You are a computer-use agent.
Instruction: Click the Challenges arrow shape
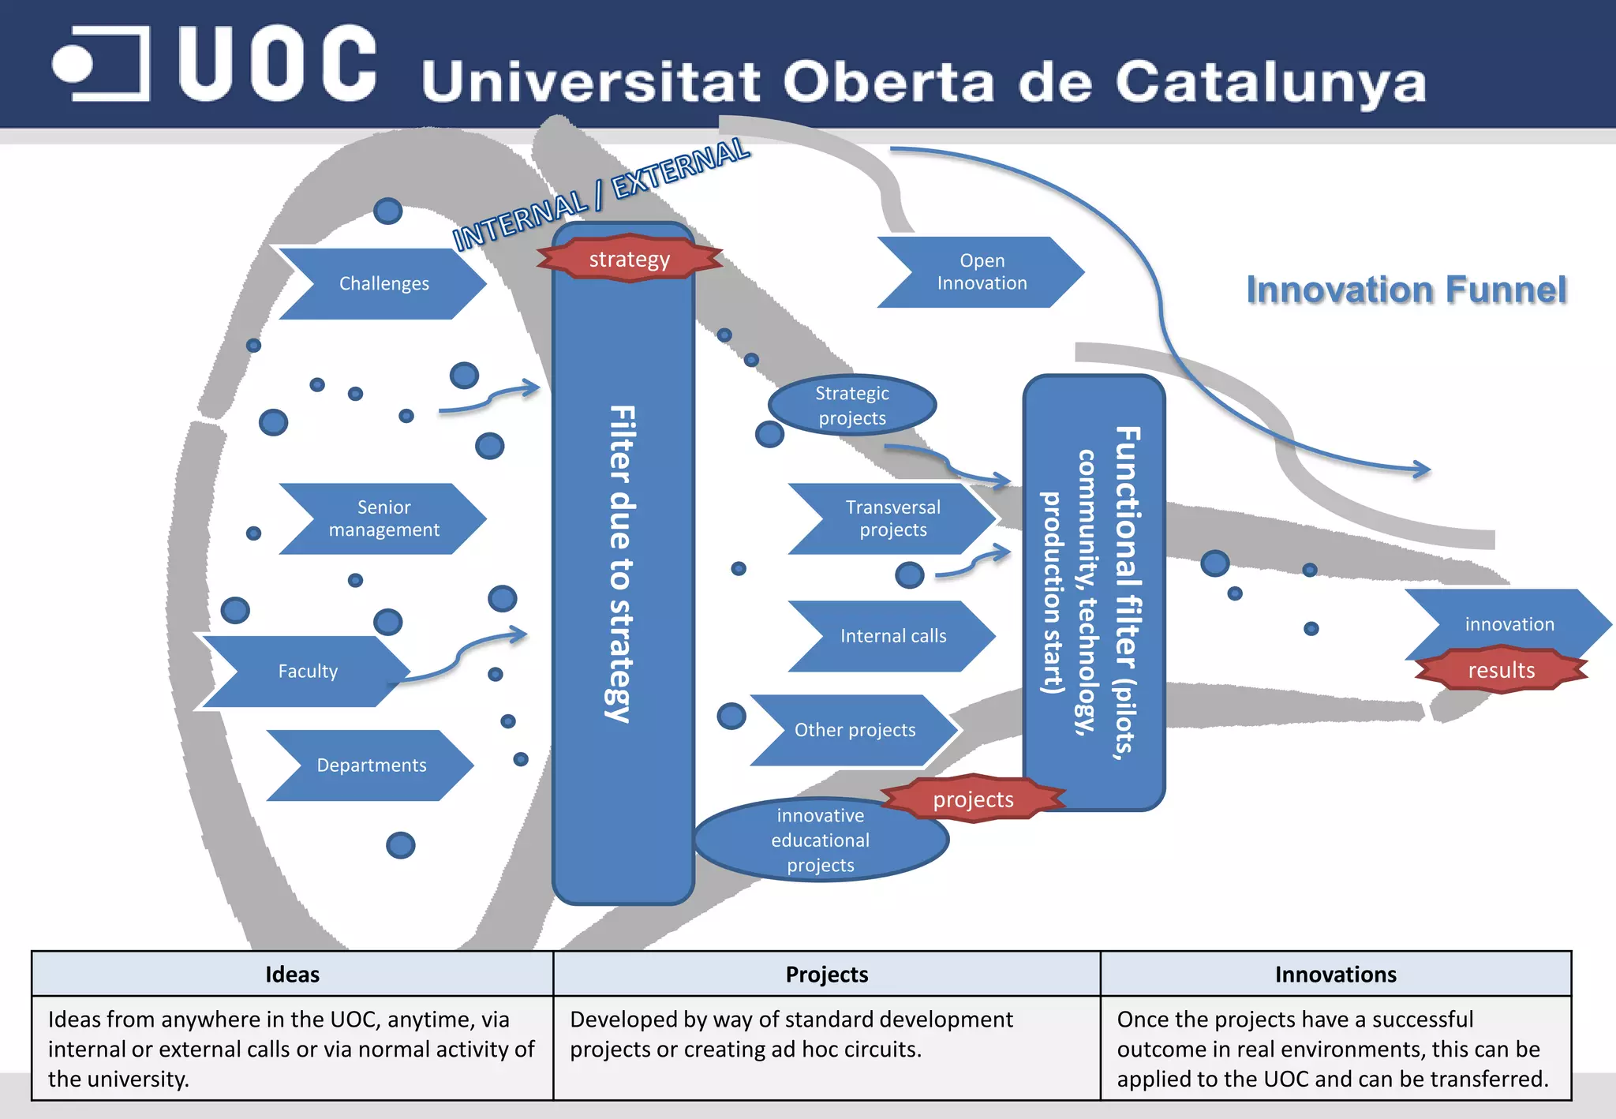[383, 283]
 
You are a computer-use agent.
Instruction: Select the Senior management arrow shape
[383, 518]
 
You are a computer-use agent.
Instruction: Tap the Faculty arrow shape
[308, 671]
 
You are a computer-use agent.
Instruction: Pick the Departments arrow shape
[371, 765]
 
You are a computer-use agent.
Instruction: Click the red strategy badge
[629, 259]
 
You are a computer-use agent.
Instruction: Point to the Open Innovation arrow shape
[982, 271]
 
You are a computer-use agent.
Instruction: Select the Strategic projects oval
[852, 405]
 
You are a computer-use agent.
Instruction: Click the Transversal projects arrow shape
[892, 518]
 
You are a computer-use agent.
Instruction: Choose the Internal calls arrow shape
[892, 636]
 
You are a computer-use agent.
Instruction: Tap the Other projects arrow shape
[855, 730]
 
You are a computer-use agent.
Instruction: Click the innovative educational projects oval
[821, 840]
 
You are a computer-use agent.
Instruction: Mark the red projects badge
[973, 799]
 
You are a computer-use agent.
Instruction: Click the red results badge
[1501, 670]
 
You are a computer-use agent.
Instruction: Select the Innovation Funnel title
[1406, 290]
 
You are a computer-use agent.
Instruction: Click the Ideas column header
[292, 975]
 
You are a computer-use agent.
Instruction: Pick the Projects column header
[827, 975]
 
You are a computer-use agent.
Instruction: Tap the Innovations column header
[1336, 975]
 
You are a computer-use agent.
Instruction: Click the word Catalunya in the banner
[1270, 82]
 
